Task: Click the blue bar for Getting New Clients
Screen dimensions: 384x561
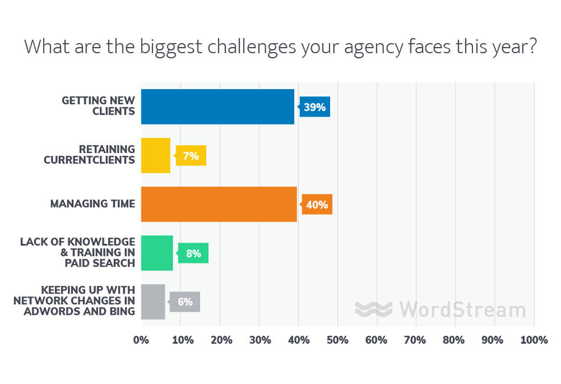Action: tap(217, 106)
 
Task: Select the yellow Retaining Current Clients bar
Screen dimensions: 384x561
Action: tap(155, 155)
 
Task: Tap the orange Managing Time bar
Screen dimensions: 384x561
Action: tap(219, 204)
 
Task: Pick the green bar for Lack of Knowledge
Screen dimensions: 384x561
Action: tap(156, 253)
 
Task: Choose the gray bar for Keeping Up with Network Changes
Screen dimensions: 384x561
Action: tap(153, 302)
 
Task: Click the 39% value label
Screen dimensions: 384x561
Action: tap(315, 108)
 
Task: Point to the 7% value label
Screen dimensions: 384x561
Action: tap(191, 156)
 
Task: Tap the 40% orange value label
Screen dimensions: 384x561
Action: tap(317, 205)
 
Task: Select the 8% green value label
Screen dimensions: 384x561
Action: tap(193, 253)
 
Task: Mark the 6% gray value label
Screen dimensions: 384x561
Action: tap(185, 302)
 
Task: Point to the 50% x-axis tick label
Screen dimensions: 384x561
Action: tap(338, 340)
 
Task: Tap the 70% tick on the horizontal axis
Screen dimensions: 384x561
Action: tap(416, 340)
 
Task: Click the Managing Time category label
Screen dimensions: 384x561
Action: tap(92, 204)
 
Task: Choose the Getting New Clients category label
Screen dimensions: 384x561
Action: tap(98, 106)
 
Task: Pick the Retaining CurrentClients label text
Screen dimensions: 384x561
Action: tap(89, 155)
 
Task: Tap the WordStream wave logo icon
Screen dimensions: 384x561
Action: tap(373, 309)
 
